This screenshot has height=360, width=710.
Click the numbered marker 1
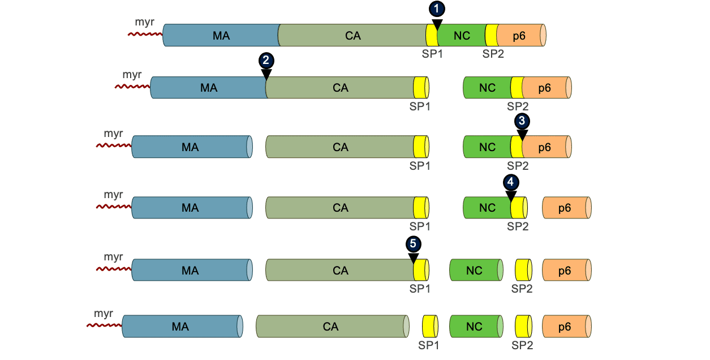(x=437, y=8)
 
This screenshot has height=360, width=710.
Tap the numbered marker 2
(x=266, y=61)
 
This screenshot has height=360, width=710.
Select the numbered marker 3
(x=522, y=121)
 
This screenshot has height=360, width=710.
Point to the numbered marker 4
(x=511, y=182)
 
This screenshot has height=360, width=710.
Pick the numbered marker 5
(x=413, y=244)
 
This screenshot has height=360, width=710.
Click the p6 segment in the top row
(x=519, y=36)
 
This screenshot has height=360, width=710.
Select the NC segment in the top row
(x=462, y=36)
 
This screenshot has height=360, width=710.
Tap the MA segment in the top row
(x=221, y=36)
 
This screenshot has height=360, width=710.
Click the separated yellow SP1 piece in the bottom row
(x=430, y=327)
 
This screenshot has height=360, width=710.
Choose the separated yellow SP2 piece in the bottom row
(x=523, y=327)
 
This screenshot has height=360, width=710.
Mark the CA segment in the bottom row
(x=331, y=327)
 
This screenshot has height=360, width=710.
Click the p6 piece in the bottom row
(x=565, y=327)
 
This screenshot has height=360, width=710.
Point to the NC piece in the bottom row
(x=475, y=327)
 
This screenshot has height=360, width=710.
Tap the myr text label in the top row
(x=144, y=22)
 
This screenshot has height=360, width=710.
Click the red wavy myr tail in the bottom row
(x=104, y=325)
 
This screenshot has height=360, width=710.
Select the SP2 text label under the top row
(x=493, y=54)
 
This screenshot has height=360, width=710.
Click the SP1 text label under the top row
(x=432, y=54)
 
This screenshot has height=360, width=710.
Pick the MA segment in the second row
(x=209, y=88)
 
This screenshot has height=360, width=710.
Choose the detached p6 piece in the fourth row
(x=565, y=208)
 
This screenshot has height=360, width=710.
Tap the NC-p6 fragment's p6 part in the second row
(x=545, y=88)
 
